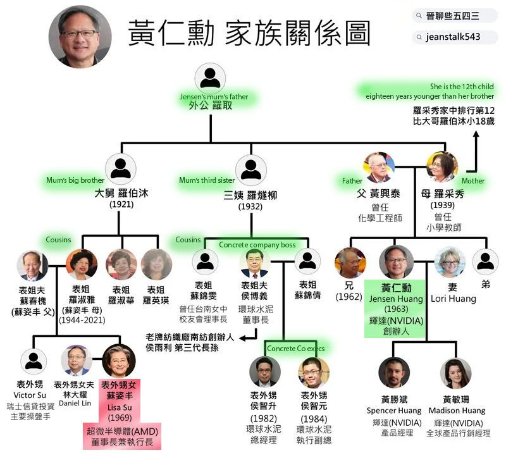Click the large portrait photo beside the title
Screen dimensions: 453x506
tap(80, 37)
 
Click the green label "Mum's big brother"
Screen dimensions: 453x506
tap(75, 180)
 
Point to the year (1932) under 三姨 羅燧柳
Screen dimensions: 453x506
tap(250, 207)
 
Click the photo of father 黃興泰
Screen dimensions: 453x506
tap(378, 168)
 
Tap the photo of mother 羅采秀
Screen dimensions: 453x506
tap(442, 168)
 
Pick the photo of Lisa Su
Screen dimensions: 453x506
tap(118, 361)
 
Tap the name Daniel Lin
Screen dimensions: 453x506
tap(75, 403)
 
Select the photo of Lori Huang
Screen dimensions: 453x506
tap(450, 263)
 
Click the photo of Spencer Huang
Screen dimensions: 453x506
tap(394, 373)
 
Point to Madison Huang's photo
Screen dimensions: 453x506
tap(455, 373)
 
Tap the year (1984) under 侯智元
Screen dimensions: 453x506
tap(314, 418)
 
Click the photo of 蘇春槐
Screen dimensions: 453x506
tap(32, 266)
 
